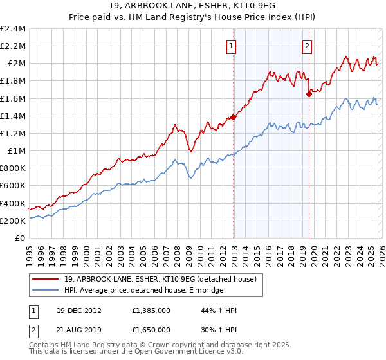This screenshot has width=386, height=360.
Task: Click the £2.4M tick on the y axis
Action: [13, 29]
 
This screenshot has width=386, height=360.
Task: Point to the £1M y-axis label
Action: [15, 151]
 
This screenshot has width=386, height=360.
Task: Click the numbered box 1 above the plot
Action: [231, 46]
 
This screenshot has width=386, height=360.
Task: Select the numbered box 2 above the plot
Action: [308, 46]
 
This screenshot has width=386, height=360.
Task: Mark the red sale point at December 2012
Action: [233, 117]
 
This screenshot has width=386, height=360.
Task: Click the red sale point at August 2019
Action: [309, 94]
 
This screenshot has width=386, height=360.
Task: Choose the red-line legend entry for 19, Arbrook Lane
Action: [160, 279]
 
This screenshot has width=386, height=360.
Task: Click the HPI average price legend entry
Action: [143, 290]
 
